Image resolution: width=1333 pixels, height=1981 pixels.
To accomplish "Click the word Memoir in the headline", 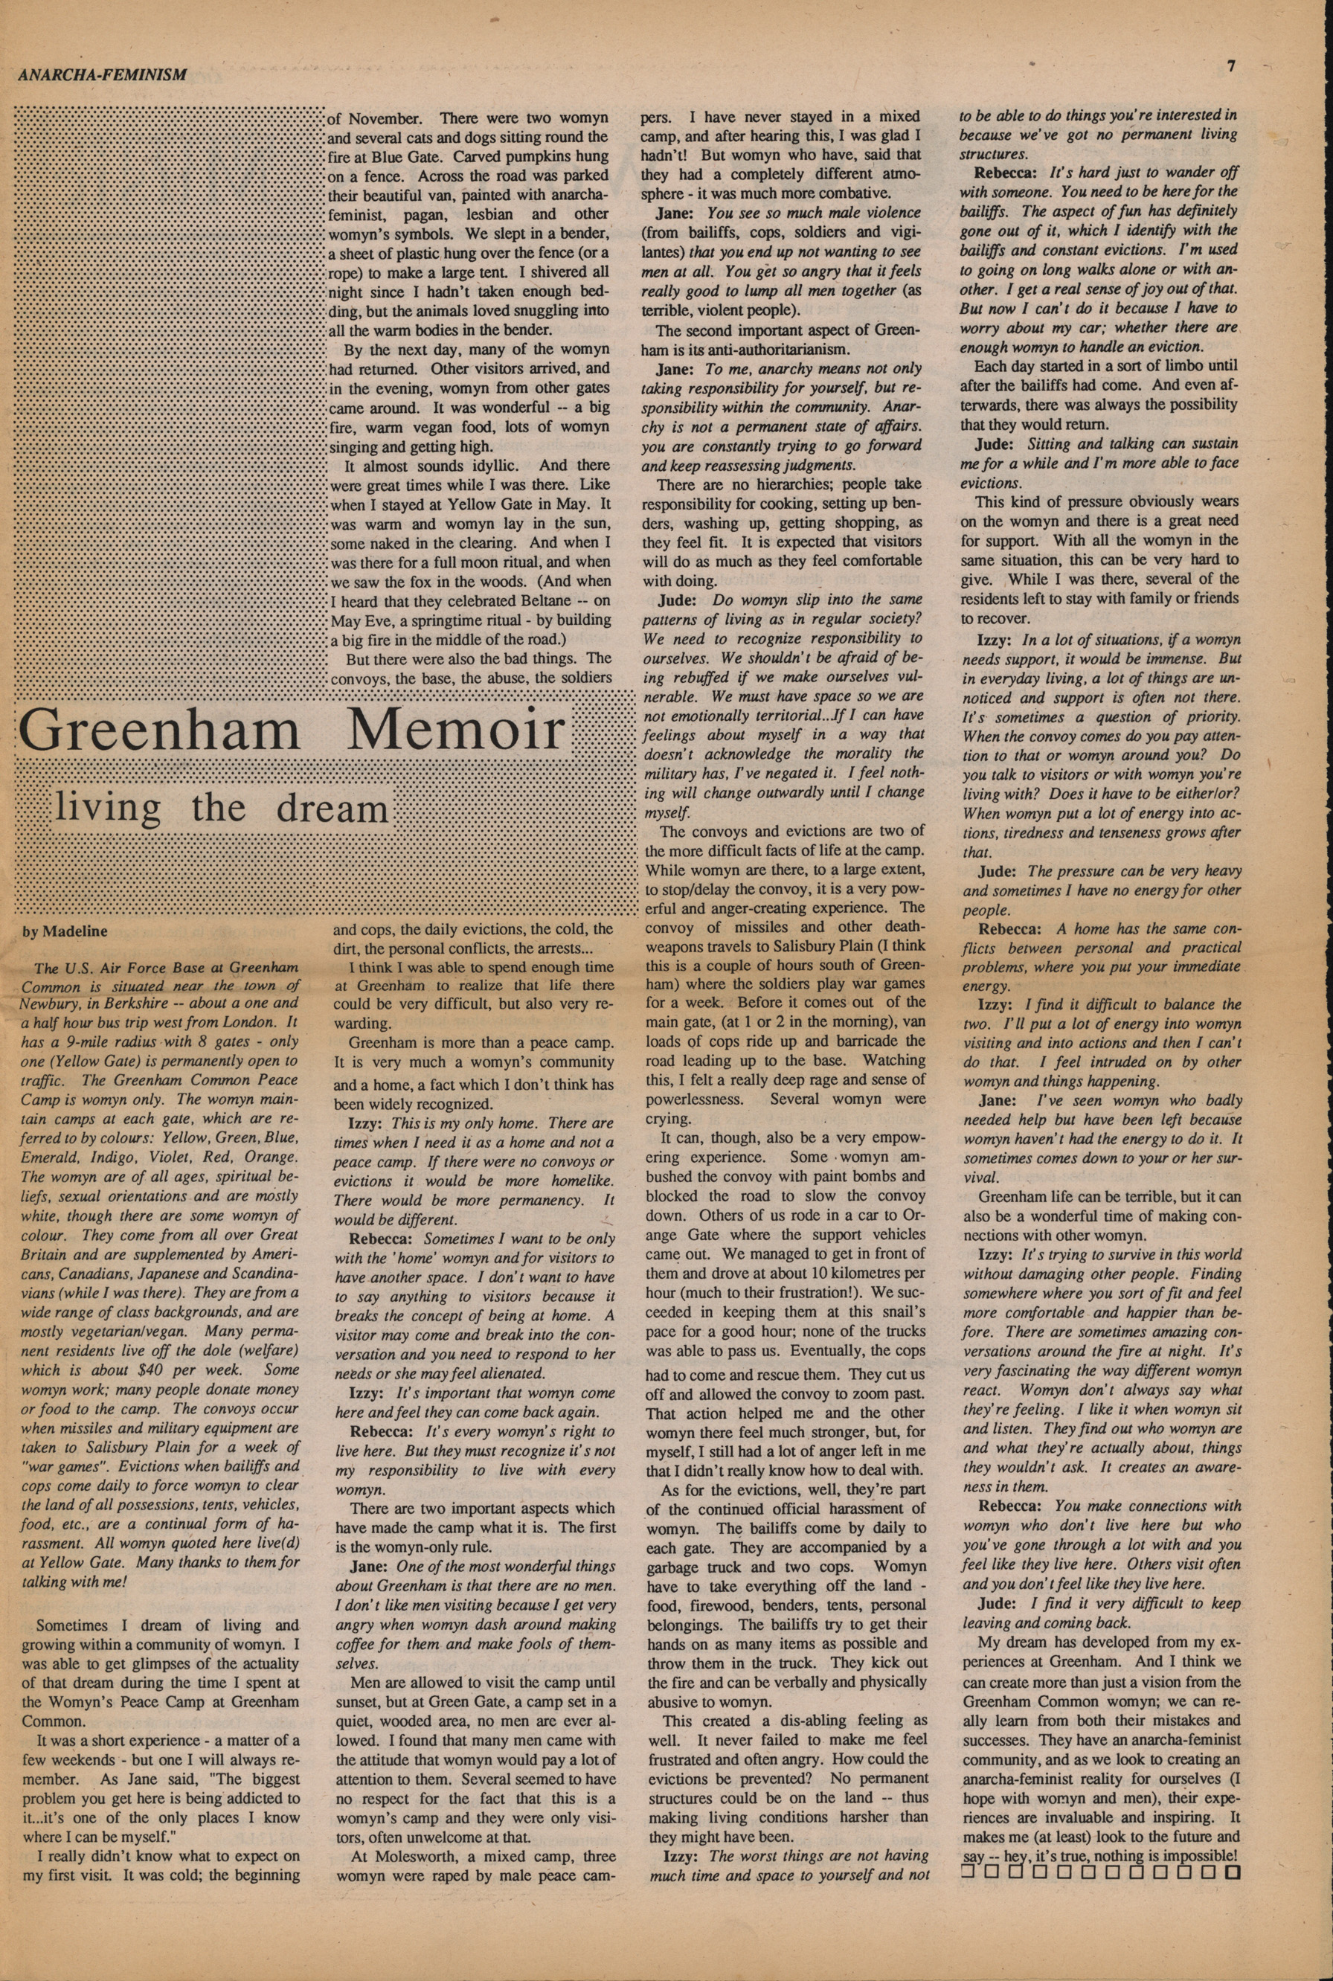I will [457, 730].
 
